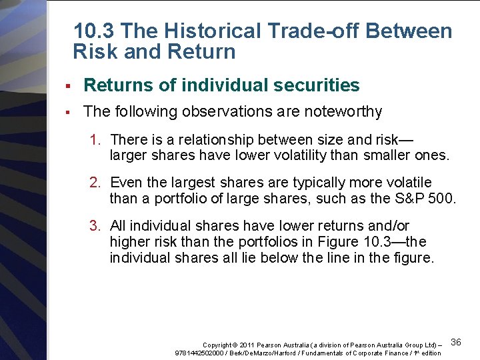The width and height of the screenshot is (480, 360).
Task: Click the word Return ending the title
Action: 202,52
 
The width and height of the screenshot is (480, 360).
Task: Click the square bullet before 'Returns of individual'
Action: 69,86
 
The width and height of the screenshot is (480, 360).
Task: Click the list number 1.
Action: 95,139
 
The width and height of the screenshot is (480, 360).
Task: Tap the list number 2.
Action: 95,183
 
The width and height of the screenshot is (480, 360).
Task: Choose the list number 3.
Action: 95,226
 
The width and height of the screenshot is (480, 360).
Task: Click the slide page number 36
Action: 456,342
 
